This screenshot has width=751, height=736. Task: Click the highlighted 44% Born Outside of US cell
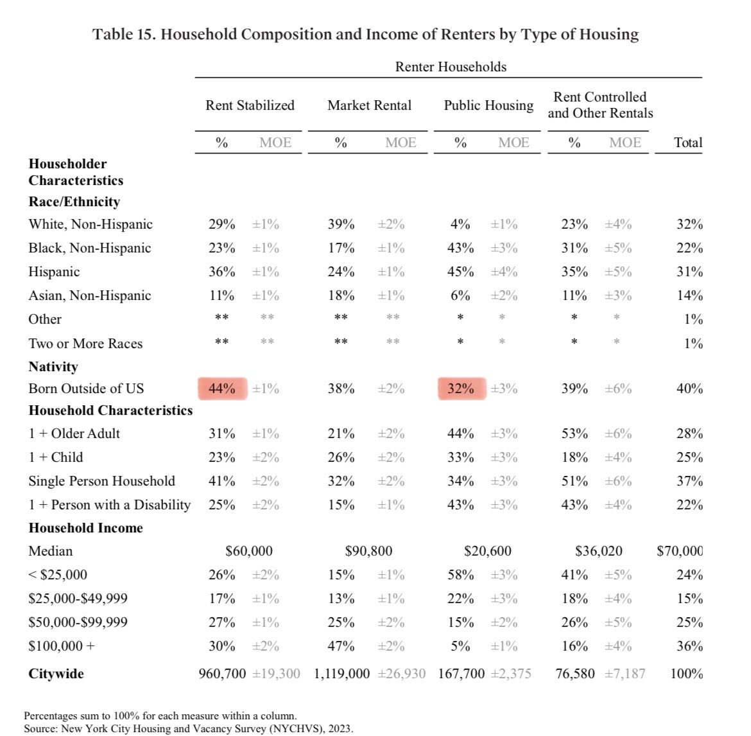222,389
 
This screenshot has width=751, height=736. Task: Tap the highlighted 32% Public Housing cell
461,389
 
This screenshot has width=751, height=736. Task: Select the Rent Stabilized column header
250,105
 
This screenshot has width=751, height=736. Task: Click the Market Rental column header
369,105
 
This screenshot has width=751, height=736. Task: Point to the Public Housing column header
488,105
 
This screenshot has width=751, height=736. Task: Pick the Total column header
688,143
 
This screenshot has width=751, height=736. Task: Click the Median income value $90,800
368,551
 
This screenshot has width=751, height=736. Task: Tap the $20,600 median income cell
488,551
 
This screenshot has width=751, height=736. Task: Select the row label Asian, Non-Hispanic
90,295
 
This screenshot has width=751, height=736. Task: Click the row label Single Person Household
101,481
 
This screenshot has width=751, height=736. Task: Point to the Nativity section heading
53,367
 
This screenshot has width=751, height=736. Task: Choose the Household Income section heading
86,528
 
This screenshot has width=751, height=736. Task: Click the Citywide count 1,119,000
341,674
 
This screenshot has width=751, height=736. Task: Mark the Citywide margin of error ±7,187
625,674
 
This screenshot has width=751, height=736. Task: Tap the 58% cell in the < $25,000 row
461,575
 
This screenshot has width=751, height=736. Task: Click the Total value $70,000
680,551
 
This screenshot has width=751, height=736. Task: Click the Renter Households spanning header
451,67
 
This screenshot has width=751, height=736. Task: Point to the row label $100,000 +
62,646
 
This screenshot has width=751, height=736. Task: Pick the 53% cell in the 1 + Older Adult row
574,434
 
